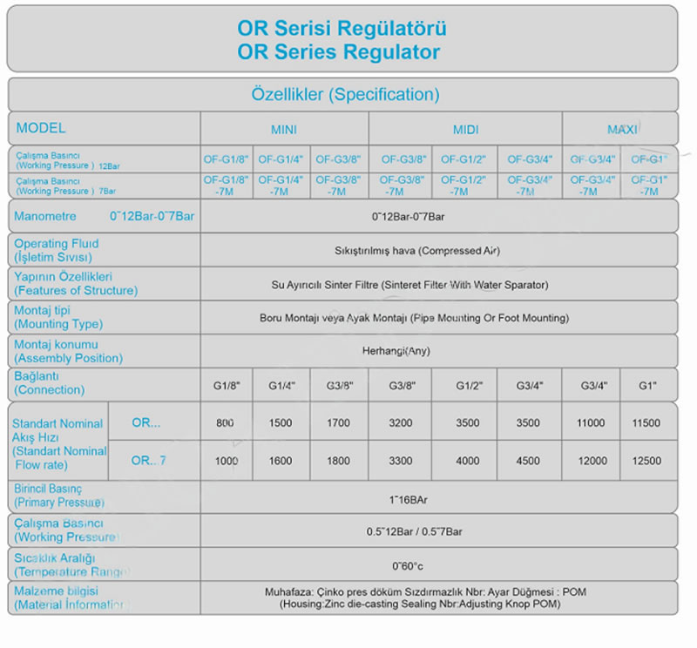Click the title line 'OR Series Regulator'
(x=338, y=52)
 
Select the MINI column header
(x=283, y=130)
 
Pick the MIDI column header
(x=466, y=130)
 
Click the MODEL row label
(x=41, y=128)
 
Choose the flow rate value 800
(x=225, y=423)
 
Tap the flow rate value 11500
(x=646, y=423)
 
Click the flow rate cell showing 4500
(x=528, y=461)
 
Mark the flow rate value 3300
(x=400, y=461)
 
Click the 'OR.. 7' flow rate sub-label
(x=148, y=461)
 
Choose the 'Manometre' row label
(x=45, y=216)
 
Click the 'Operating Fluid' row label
(x=57, y=244)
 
